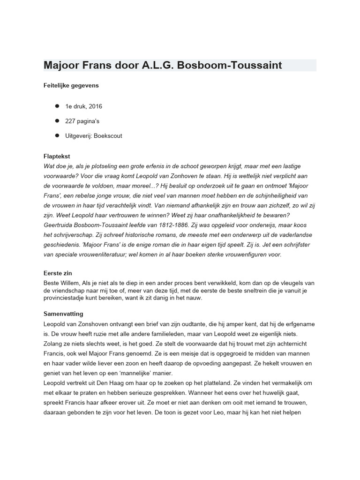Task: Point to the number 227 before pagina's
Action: pos(72,121)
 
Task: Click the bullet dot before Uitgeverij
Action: pos(57,135)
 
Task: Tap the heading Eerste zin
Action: pos(58,273)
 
